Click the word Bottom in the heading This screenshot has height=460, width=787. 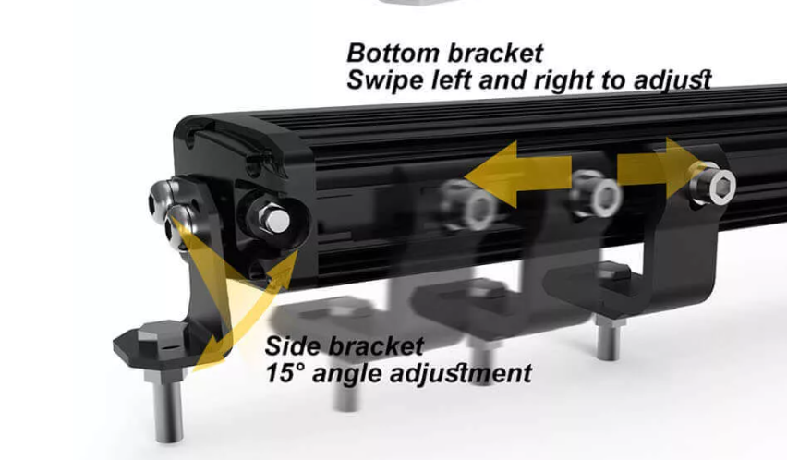[x=393, y=53]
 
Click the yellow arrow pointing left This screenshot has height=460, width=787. [x=518, y=174]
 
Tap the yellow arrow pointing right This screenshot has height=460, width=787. [x=658, y=168]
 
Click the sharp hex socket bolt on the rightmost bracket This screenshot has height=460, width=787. [x=714, y=184]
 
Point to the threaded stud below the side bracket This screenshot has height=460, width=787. [x=167, y=406]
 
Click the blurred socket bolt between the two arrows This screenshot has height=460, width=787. [x=598, y=193]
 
